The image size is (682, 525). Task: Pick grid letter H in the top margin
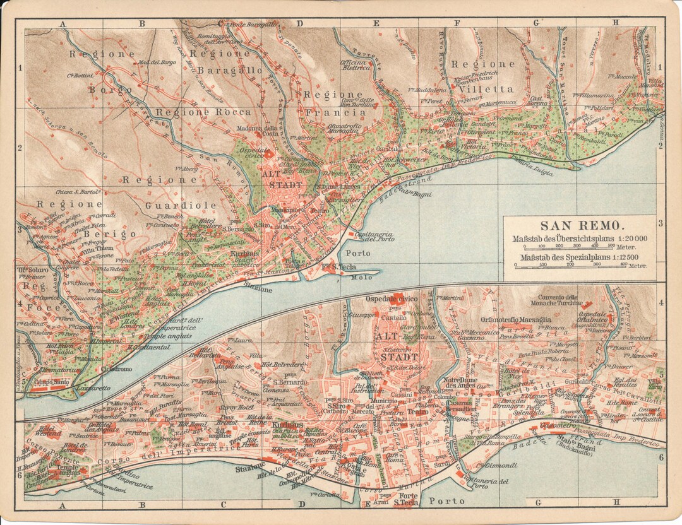point(616,24)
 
